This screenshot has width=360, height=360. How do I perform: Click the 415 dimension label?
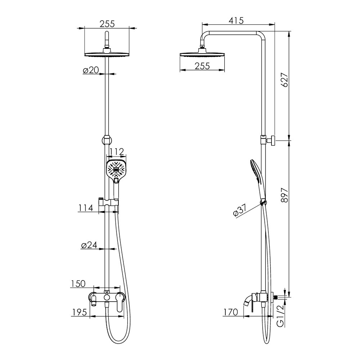236,21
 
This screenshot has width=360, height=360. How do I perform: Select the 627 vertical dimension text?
284,80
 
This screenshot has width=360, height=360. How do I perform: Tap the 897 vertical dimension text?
284,195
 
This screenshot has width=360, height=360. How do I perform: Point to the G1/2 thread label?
280,316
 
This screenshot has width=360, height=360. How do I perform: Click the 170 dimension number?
230,312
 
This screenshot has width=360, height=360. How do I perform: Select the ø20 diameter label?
91,70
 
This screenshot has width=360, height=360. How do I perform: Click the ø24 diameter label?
89,245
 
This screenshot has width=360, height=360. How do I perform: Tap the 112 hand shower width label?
116,152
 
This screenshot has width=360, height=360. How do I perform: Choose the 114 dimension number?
86,208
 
